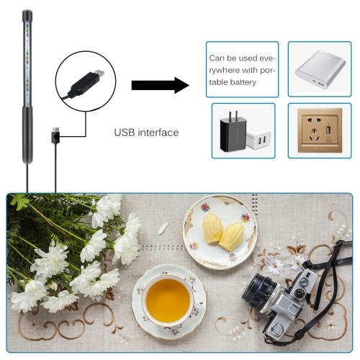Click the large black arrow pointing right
[161, 85]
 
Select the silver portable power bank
[320, 70]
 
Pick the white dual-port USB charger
[258, 138]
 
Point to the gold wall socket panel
[320, 130]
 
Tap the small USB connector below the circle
[55, 135]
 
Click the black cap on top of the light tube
[27, 15]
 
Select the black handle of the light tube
[27, 135]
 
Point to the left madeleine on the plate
[212, 228]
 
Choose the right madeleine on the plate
[232, 237]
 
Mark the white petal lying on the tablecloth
[163, 228]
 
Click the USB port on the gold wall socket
[328, 130]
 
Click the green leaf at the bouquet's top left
[20, 202]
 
